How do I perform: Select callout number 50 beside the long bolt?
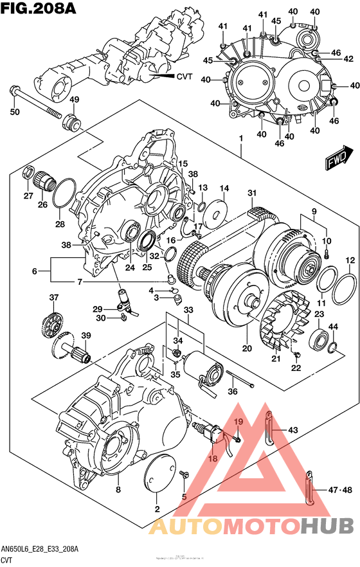[x=14, y=113]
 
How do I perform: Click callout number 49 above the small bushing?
[x=74, y=100]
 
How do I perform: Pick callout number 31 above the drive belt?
[x=251, y=194]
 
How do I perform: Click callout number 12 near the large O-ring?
[x=350, y=260]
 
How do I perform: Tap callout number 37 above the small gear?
[x=54, y=297]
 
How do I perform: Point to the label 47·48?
[x=339, y=491]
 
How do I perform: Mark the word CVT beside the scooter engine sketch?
[x=184, y=76]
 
